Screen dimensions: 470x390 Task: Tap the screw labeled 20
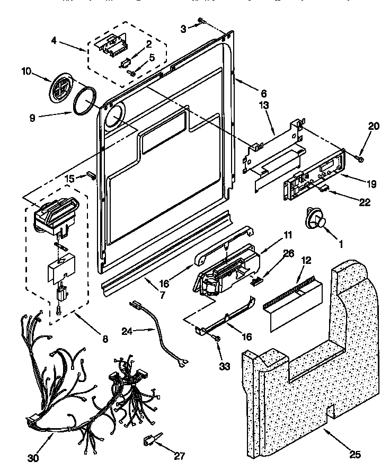360,157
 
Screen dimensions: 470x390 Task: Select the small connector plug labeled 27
150,439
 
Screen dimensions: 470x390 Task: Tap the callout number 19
370,184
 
